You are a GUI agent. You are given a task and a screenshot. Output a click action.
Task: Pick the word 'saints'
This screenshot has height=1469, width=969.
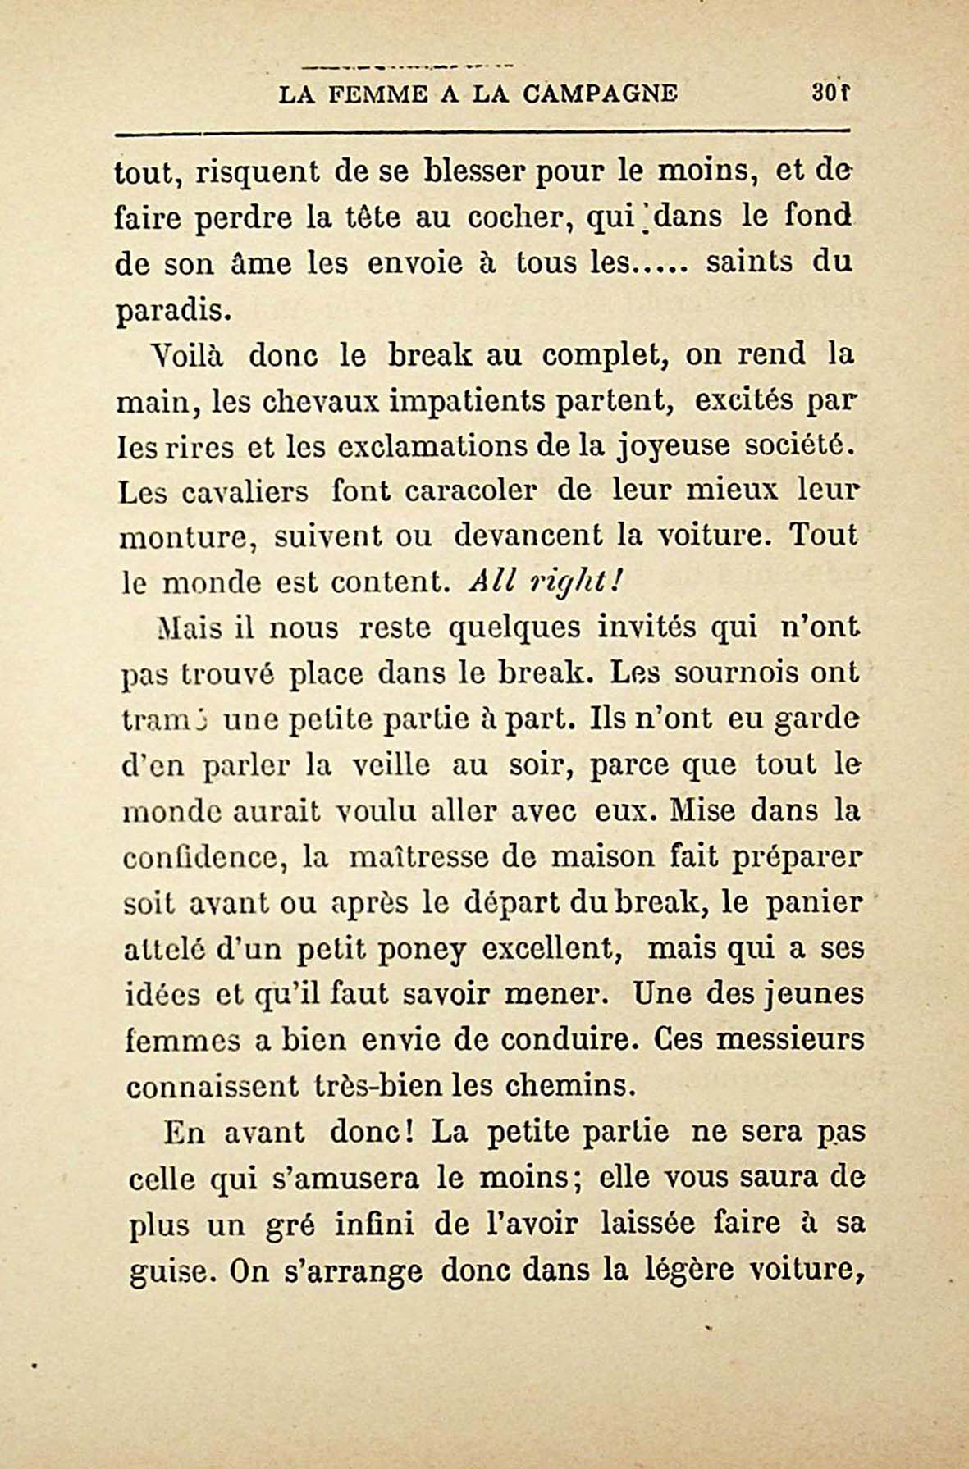tap(749, 262)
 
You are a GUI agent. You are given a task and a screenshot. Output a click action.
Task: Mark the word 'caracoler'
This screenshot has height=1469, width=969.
tap(471, 491)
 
